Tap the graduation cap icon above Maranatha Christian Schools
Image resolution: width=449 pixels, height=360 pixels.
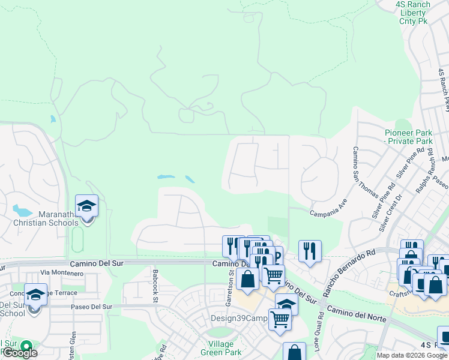pos(87,206)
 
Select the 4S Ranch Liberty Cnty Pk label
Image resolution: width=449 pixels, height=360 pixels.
pos(414,13)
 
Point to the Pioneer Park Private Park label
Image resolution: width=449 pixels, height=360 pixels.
pos(408,137)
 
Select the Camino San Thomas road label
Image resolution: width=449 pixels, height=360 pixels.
pos(367,172)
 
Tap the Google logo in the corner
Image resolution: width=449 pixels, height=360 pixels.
pos(19,352)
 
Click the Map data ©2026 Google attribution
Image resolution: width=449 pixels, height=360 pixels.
pos(412,355)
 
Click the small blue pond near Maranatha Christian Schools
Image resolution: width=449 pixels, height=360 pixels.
pos(22,211)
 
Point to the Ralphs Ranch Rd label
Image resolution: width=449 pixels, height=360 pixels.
pos(427,182)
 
